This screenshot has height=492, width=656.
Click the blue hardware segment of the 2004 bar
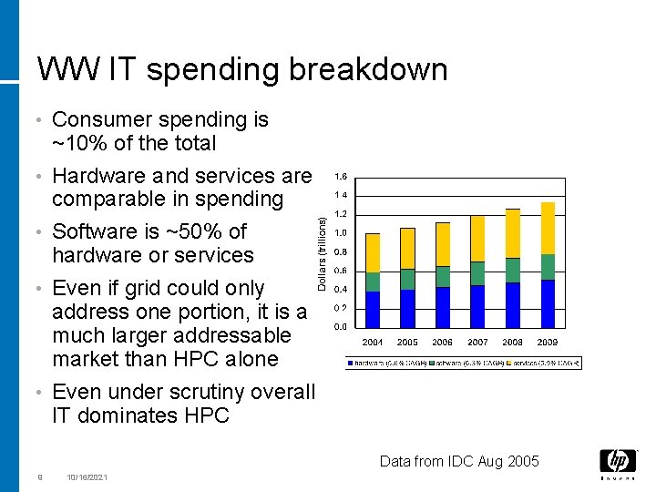pyautogui.click(x=373, y=309)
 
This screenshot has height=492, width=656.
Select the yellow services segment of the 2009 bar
pyautogui.click(x=548, y=228)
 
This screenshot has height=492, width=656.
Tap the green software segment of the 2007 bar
pyautogui.click(x=477, y=273)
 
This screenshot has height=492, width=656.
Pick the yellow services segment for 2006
pyautogui.click(x=443, y=244)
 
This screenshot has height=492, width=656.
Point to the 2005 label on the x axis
pyautogui.click(x=407, y=342)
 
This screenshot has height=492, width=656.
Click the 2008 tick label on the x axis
pyautogui.click(x=512, y=342)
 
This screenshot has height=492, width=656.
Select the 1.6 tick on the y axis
pyautogui.click(x=340, y=176)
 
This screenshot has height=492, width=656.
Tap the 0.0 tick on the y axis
pyautogui.click(x=340, y=326)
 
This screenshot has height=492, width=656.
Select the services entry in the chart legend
pyautogui.click(x=542, y=363)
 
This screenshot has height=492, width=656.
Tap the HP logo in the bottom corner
pyautogui.click(x=618, y=463)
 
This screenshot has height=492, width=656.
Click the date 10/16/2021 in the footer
pyautogui.click(x=87, y=477)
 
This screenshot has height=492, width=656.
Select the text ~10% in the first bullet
pyautogui.click(x=76, y=143)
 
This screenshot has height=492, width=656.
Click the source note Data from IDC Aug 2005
pyautogui.click(x=460, y=461)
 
